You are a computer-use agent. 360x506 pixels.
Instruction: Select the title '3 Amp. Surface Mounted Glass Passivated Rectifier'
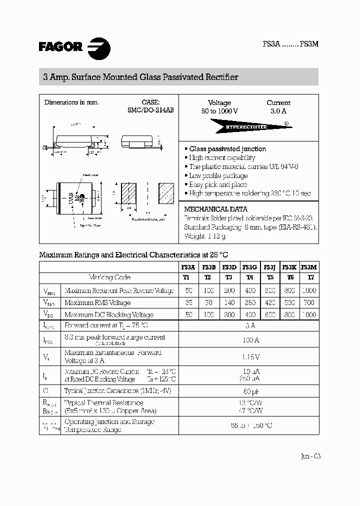141,77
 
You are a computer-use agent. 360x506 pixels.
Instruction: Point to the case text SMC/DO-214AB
150,111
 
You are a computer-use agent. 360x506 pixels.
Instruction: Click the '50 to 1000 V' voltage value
219,111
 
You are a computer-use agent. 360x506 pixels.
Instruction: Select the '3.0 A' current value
278,111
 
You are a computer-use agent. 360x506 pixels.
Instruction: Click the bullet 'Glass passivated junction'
227,149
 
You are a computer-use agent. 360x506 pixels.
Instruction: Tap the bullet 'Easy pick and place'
218,184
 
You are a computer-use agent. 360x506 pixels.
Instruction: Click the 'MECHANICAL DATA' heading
216,209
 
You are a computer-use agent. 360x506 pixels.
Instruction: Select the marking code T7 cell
310,277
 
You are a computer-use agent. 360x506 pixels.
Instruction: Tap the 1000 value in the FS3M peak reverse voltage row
310,290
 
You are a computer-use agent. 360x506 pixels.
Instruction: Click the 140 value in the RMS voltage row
229,302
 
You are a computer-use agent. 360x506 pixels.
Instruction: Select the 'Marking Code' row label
109,277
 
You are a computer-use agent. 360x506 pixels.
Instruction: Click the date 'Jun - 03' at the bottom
310,456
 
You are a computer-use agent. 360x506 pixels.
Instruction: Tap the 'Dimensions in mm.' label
71,102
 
